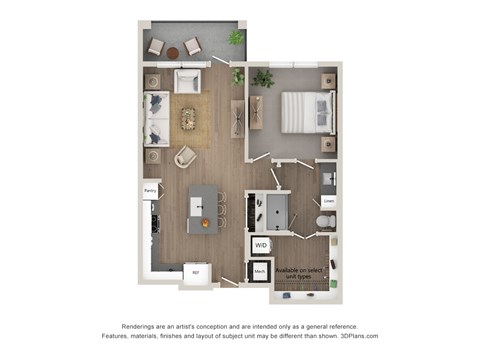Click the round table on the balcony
pyautogui.click(x=172, y=52)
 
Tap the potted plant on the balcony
pyautogui.click(x=236, y=39)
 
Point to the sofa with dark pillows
pyautogui.click(x=156, y=119)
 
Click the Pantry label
pyautogui.click(x=151, y=188)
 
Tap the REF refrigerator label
pyautogui.click(x=196, y=270)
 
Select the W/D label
pyautogui.click(x=260, y=243)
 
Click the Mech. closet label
pyautogui.click(x=259, y=270)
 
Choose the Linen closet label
pyautogui.click(x=328, y=201)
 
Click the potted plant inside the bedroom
pyautogui.click(x=264, y=78)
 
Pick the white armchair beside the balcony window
pyautogui.click(x=188, y=81)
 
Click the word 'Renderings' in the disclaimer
pyautogui.click(x=143, y=327)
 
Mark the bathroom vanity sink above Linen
pyautogui.click(x=329, y=178)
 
